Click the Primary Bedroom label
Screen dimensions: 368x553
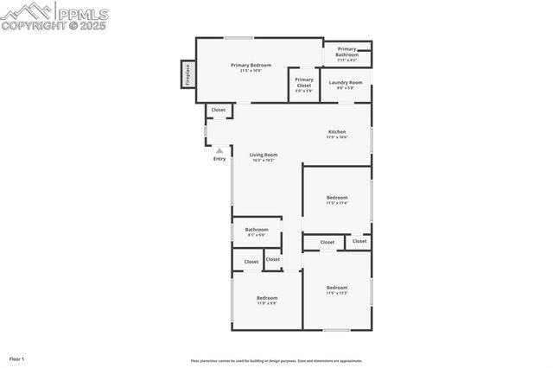[x=251, y=65]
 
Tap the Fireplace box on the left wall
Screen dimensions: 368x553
[x=187, y=73]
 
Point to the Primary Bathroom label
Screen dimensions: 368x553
[x=347, y=52]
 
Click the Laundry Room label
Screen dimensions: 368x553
[x=344, y=82]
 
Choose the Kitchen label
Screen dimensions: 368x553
[x=337, y=132]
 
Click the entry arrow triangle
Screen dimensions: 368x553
[x=219, y=149]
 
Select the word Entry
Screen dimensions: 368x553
[x=219, y=158]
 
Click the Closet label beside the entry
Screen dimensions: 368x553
[x=219, y=111]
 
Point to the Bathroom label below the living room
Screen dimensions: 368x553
[x=257, y=229]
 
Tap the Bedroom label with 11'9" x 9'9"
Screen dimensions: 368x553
[x=267, y=298]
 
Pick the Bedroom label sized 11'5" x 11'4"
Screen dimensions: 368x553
[x=337, y=198]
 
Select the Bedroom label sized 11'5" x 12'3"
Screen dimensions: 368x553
[x=337, y=288]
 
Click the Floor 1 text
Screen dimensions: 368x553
[x=16, y=358]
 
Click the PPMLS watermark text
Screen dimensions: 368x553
[x=81, y=12]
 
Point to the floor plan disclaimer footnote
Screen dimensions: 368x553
[x=276, y=361]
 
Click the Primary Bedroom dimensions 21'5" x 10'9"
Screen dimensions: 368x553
[x=251, y=70]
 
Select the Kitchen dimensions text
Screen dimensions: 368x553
[x=337, y=137]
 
